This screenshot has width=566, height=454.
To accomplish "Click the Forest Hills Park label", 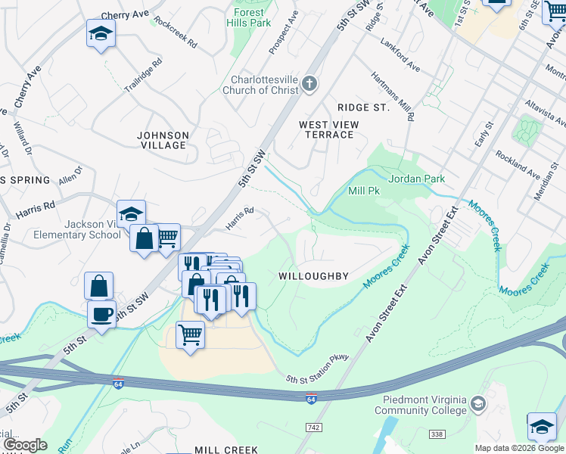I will [x=248, y=18].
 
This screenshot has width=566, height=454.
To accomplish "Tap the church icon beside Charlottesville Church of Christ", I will [x=309, y=83].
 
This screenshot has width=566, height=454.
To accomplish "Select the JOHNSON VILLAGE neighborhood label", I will [x=162, y=140].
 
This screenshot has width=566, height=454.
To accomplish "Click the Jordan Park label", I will [x=416, y=179].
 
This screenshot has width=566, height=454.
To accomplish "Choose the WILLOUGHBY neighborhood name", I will [x=313, y=276].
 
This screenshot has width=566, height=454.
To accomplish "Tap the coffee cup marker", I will [x=101, y=313].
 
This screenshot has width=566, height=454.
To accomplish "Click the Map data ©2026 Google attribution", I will [x=519, y=448].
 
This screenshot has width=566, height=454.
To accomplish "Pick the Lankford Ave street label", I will [x=400, y=55].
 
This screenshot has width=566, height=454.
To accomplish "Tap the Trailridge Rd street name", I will [x=144, y=77].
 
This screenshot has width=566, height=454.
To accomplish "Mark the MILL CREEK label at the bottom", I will [x=228, y=449].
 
